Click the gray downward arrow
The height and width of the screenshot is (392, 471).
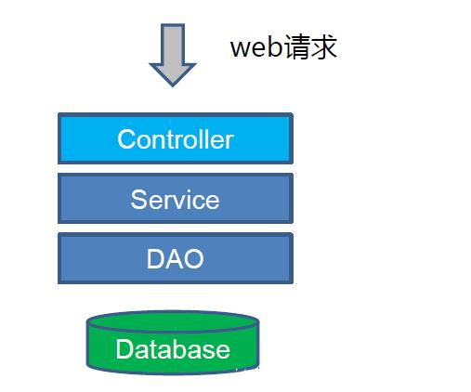[x=173, y=55]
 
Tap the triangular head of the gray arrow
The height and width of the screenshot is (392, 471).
[x=173, y=74]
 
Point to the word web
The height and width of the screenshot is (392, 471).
[x=255, y=47]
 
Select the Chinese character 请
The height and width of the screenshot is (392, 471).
[x=295, y=47]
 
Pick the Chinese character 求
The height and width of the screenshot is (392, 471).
[x=323, y=47]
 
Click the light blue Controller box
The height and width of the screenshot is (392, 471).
[x=176, y=138]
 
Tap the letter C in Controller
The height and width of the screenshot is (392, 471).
[x=126, y=139]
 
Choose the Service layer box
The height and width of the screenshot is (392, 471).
[x=176, y=198]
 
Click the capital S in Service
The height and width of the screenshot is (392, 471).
[x=138, y=200]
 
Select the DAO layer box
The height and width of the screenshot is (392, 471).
[x=176, y=258]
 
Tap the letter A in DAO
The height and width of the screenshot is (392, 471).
[x=175, y=258]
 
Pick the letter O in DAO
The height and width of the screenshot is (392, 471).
[x=194, y=258]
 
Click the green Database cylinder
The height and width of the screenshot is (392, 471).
[x=173, y=343]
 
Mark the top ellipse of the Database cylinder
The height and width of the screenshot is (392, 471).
[x=173, y=321]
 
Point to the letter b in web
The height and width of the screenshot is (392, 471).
[x=275, y=47]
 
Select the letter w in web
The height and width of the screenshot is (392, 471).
[x=241, y=49]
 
